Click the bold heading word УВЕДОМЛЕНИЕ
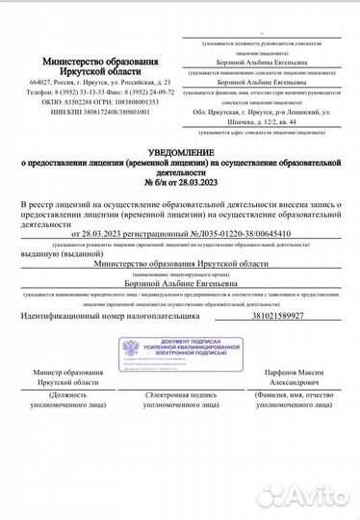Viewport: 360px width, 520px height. point(180,157)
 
